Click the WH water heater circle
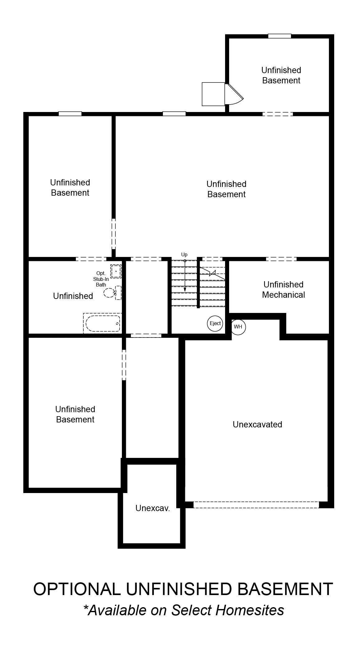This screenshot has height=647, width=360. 238,327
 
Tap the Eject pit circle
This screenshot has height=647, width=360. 215,323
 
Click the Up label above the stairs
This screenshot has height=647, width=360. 184,255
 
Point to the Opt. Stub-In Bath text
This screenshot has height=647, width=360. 101,279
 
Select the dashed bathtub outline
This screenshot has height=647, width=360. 103,323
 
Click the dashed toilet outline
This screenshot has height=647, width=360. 112,292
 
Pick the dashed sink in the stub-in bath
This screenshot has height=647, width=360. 116,271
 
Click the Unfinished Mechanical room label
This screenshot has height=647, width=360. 284,290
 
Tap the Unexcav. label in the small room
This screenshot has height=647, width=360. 153,508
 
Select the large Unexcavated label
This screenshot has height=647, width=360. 257,425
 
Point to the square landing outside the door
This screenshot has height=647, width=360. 214,94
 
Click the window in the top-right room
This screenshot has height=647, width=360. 279,36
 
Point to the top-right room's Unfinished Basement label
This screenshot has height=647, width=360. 281,75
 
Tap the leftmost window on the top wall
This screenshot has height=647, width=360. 70,114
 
